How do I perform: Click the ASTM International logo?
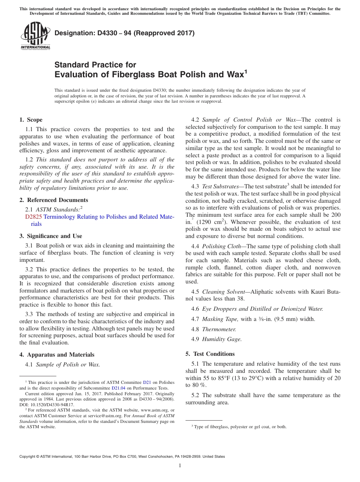(x=35, y=35)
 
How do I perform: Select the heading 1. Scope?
(x=31, y=120)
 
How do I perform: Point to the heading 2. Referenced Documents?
(x=53, y=200)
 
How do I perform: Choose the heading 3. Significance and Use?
(x=51, y=236)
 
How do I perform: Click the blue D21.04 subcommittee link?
(x=118, y=388)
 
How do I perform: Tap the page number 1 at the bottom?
(x=180, y=466)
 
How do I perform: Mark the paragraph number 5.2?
(x=196, y=395)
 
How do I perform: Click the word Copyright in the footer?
(x=29, y=457)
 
